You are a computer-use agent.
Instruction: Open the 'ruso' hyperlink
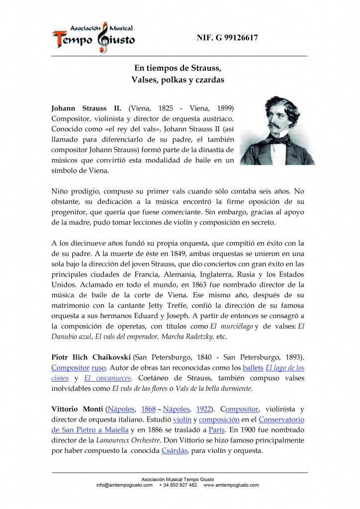point(98,368)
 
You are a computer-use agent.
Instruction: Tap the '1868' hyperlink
point(148,409)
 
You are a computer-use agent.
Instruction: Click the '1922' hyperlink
point(203,409)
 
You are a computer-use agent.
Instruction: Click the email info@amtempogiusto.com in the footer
point(124,485)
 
